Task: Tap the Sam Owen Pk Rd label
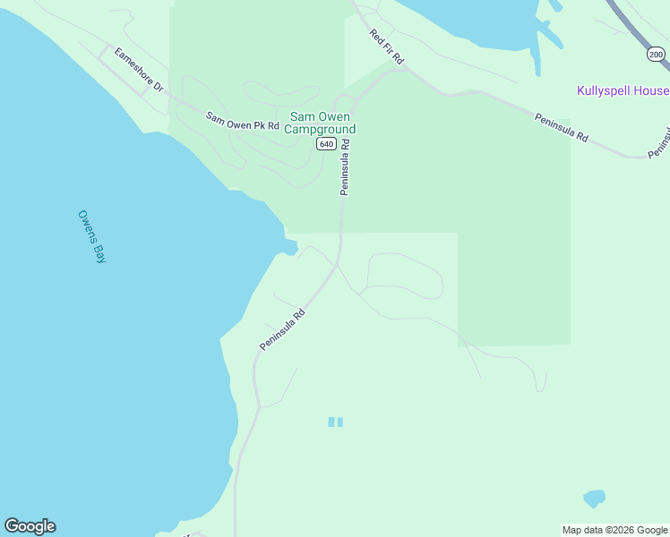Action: (243, 122)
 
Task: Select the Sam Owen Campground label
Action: (322, 123)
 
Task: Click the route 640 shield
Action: (326, 144)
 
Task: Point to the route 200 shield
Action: (657, 55)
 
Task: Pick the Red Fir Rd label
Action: (387, 46)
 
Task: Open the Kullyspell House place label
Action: (622, 91)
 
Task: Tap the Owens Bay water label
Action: (92, 236)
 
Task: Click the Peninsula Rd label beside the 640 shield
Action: (344, 166)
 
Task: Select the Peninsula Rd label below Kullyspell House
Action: (562, 127)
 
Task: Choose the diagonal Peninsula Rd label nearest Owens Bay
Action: (283, 330)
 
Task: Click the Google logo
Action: (30, 526)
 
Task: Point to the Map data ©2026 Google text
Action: (614, 530)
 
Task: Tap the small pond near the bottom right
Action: (594, 498)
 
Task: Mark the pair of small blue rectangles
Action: (336, 422)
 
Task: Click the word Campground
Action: (320, 129)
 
